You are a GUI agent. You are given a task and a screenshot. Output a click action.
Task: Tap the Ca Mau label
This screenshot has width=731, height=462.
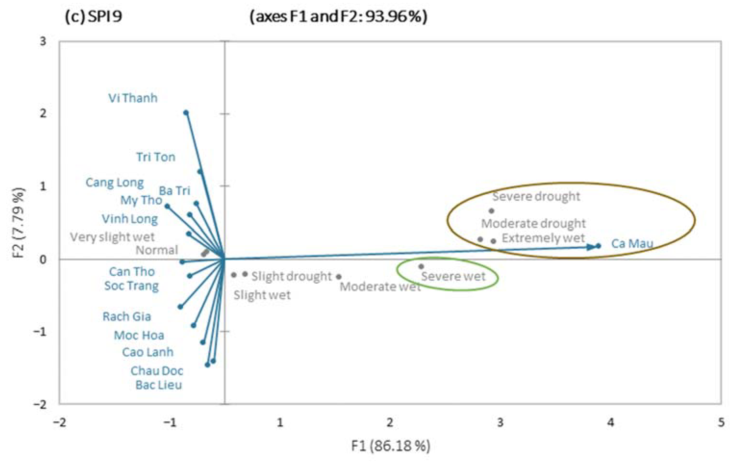pos(632,243)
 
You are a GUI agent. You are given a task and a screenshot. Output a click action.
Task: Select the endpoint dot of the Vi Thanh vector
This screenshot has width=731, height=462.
pos(186,113)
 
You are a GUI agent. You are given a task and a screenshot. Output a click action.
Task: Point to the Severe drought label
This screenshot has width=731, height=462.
pos(536,196)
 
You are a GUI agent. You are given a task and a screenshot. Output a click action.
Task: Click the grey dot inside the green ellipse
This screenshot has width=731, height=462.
pos(421,267)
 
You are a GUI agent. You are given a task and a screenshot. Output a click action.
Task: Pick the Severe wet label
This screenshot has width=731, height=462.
pos(453,276)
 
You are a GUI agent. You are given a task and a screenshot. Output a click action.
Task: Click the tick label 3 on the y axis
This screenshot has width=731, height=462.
pos(43,41)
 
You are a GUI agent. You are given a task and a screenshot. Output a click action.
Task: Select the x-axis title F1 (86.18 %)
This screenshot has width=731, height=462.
pos(391,446)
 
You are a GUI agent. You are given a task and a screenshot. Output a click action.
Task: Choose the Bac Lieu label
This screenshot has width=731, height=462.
pos(158,385)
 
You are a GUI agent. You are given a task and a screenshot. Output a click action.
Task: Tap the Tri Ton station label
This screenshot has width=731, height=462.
pos(156,157)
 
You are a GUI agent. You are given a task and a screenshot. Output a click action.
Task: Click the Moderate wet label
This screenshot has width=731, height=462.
pos(380,286)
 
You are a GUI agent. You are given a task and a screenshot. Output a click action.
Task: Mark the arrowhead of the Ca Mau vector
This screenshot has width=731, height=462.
pos(590,247)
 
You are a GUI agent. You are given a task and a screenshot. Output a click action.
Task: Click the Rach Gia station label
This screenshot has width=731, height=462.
pos(127,317)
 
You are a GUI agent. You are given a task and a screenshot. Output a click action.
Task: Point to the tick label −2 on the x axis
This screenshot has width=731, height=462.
pos(59,423)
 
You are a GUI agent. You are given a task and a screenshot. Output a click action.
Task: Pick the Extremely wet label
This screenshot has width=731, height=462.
pos(543,238)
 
